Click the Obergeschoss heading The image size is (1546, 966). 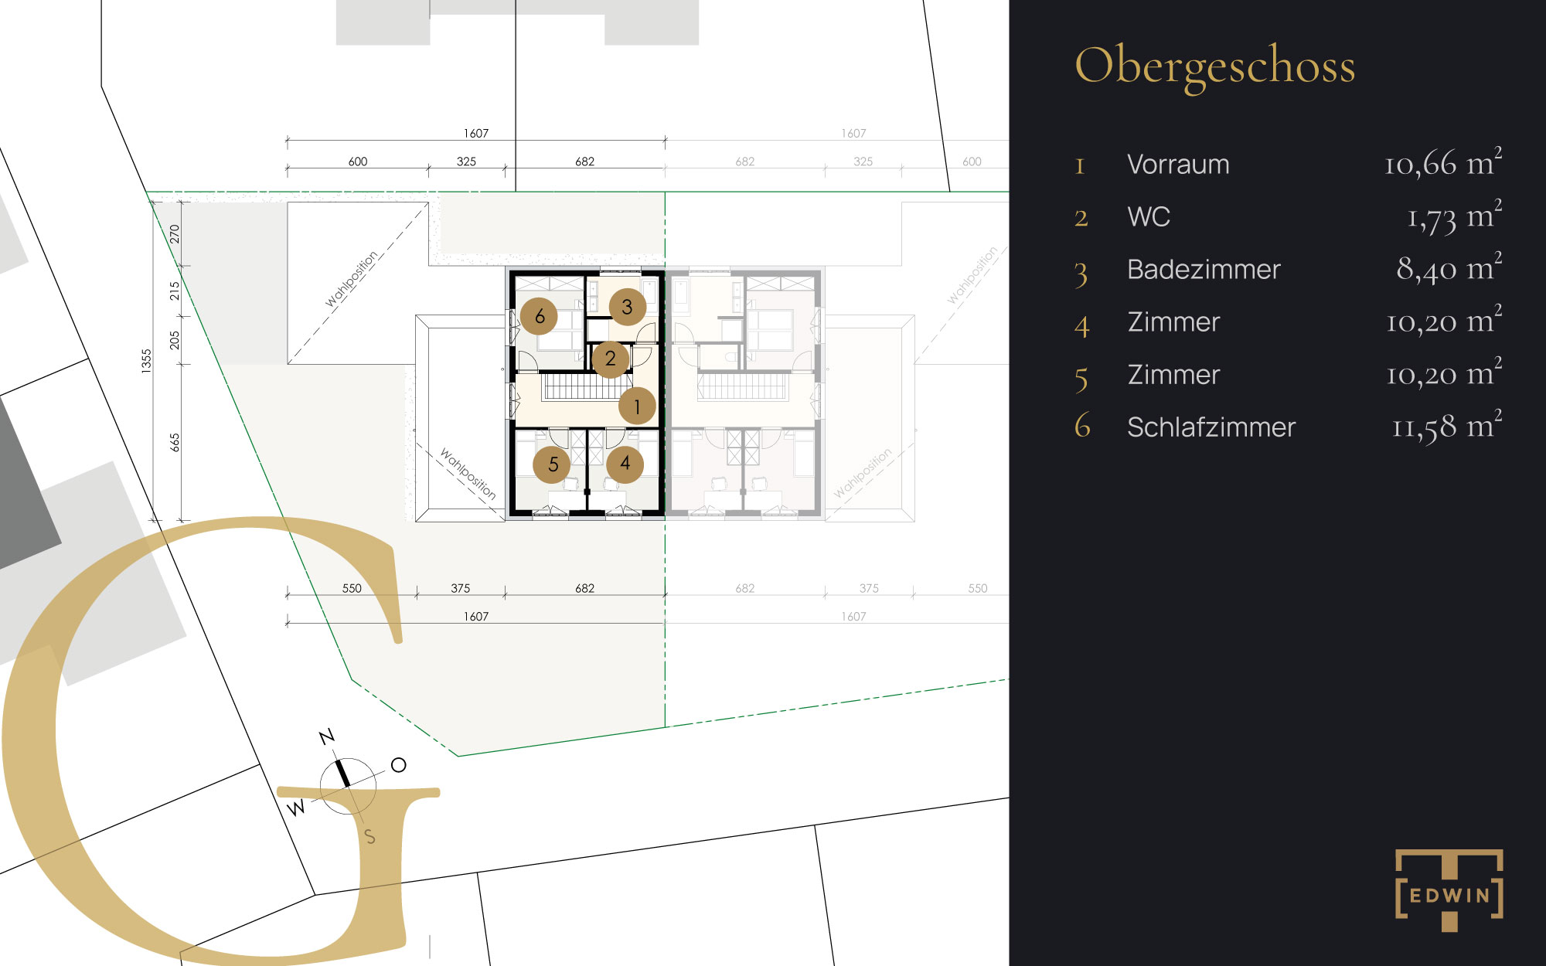point(1214,67)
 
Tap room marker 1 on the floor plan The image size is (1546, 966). point(637,406)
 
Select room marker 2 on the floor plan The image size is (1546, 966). point(611,359)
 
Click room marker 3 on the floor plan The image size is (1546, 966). point(628,307)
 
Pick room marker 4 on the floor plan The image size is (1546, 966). point(625,464)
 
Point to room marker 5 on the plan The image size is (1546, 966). point(553,464)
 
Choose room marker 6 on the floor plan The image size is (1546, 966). point(540,315)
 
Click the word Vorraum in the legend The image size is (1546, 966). point(1178,165)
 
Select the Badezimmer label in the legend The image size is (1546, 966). point(1204,270)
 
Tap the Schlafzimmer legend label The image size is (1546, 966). point(1211,427)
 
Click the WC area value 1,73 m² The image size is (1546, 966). point(1454,216)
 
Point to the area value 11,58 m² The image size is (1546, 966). point(1447,427)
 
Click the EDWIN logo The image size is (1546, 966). point(1449,890)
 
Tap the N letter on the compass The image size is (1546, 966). point(327,736)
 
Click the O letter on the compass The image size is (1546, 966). point(398,765)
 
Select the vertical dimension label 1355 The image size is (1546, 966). point(147,361)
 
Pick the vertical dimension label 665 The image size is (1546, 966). point(175,442)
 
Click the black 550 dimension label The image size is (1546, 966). point(352,588)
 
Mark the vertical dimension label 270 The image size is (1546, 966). point(175,233)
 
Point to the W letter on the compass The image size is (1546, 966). point(296,808)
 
